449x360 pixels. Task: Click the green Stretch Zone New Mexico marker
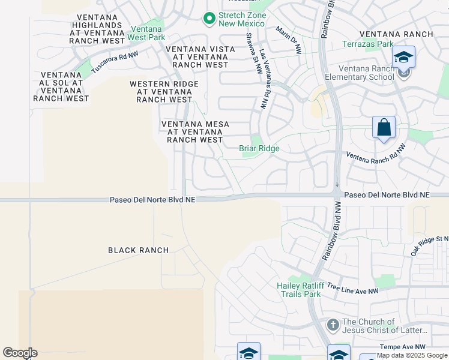click(209, 19)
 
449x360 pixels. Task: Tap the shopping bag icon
click(384, 128)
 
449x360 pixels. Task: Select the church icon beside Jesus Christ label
click(333, 325)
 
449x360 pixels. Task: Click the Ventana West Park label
click(145, 33)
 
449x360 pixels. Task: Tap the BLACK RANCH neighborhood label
click(139, 250)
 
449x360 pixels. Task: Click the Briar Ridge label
click(259, 148)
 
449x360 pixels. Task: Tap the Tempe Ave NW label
click(402, 347)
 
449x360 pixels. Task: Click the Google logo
click(20, 353)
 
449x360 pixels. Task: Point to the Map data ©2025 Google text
click(412, 355)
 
